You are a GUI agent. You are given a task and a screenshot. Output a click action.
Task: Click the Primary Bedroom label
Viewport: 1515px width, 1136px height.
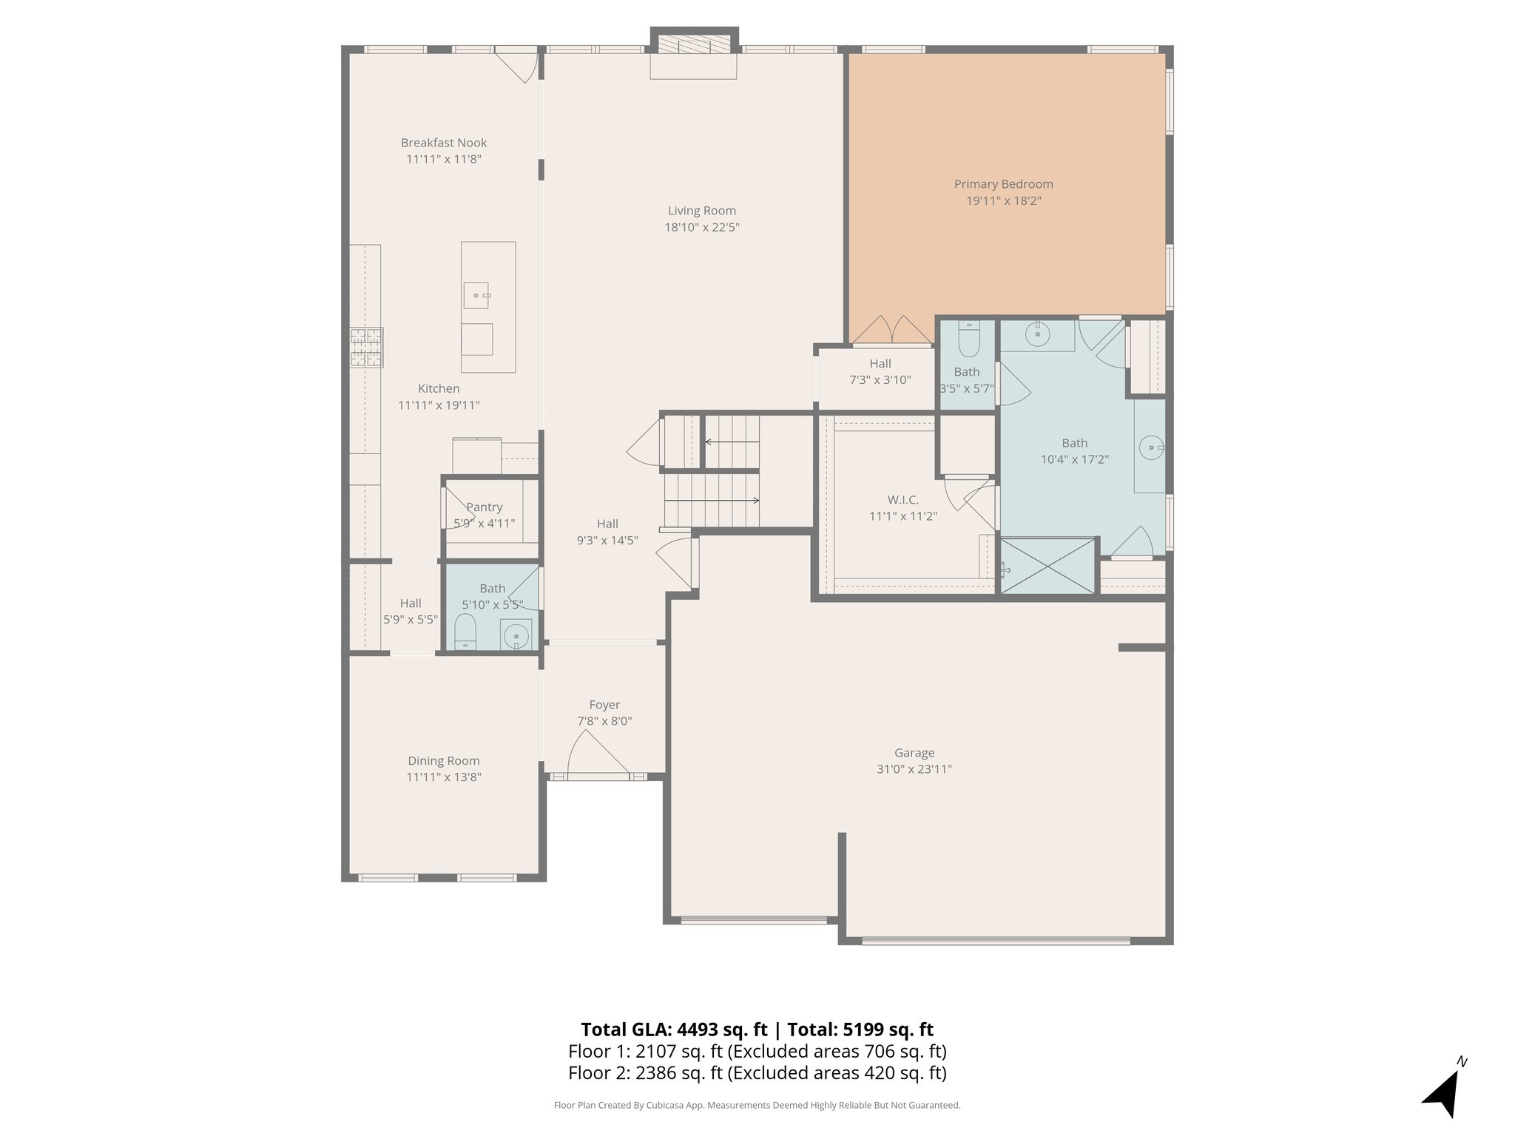1003,184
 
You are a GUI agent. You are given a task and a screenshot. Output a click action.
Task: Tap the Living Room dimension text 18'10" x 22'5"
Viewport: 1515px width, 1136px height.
702,227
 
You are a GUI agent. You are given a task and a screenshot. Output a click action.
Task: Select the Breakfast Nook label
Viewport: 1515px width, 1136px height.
444,143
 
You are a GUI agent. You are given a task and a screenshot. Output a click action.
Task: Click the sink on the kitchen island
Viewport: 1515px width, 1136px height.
476,295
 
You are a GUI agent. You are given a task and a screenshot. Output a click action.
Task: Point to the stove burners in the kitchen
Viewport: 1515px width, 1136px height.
367,348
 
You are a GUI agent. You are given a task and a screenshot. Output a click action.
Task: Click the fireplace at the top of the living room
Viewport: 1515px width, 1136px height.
694,53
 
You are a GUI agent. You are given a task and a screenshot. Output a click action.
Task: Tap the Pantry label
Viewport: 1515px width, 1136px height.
485,507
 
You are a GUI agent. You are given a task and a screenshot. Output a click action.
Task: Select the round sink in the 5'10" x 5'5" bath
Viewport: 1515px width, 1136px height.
516,635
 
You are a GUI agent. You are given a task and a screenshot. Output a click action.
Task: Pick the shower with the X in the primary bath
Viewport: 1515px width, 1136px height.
1047,566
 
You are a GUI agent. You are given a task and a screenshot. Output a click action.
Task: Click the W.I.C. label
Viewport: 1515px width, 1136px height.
903,500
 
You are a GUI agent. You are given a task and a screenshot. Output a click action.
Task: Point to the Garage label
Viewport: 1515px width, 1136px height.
914,753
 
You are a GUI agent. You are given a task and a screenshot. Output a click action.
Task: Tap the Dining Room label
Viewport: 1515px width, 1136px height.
444,760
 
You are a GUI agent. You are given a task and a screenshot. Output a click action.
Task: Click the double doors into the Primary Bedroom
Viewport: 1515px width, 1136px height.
892,331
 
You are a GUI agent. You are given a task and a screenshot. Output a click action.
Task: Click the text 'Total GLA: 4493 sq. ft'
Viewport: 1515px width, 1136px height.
675,1029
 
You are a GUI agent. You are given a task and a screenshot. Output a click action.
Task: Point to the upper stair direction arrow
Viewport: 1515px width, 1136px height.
732,442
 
